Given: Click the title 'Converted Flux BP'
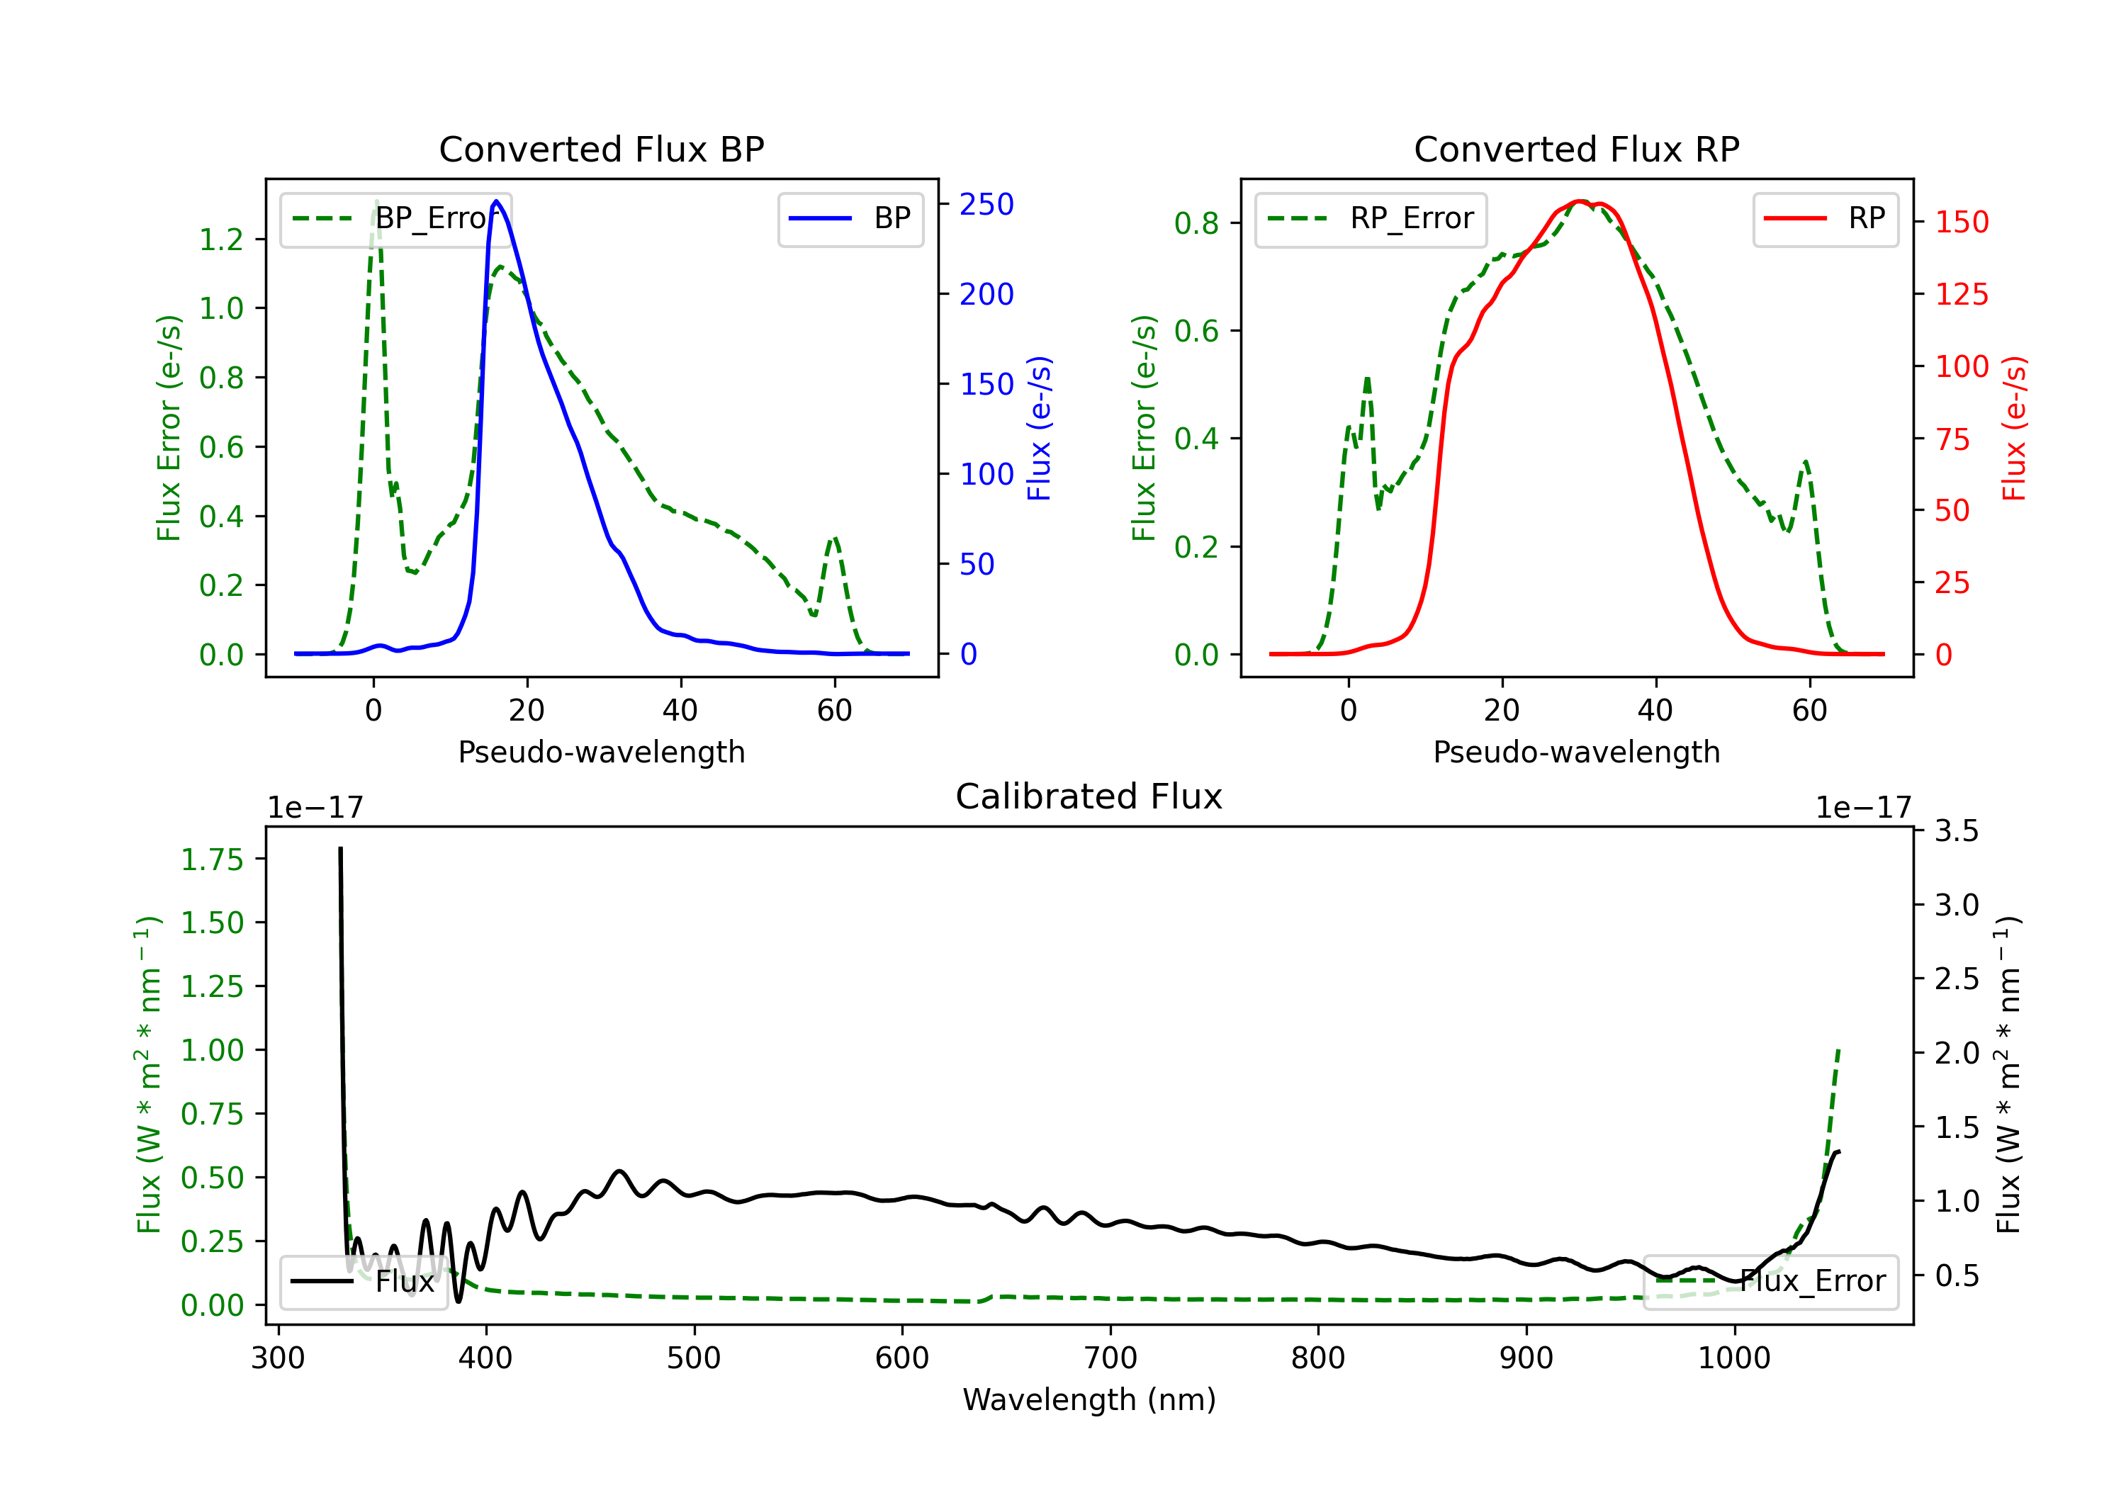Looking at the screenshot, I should (x=601, y=149).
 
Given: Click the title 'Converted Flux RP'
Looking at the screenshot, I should (x=1576, y=149).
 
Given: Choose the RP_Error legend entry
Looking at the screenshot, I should (x=1371, y=218).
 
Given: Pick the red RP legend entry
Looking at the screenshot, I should (x=1825, y=218).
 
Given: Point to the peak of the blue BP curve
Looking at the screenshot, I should (x=496, y=201).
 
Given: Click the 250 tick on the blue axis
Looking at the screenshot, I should (x=986, y=205).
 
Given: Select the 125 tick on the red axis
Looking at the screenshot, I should (x=1961, y=295).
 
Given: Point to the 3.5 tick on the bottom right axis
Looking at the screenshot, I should (x=1956, y=830).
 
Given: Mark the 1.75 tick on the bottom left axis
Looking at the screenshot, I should (x=212, y=859).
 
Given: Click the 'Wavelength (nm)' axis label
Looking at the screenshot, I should (x=1089, y=1399).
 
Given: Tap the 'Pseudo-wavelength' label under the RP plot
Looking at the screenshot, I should (x=1576, y=752).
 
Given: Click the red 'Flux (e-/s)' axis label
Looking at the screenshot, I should (x=2014, y=428).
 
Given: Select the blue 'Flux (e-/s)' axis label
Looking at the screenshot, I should (x=1039, y=428).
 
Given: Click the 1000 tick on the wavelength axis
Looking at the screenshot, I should (x=1733, y=1358).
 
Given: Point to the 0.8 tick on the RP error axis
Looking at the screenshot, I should (x=1196, y=223).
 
